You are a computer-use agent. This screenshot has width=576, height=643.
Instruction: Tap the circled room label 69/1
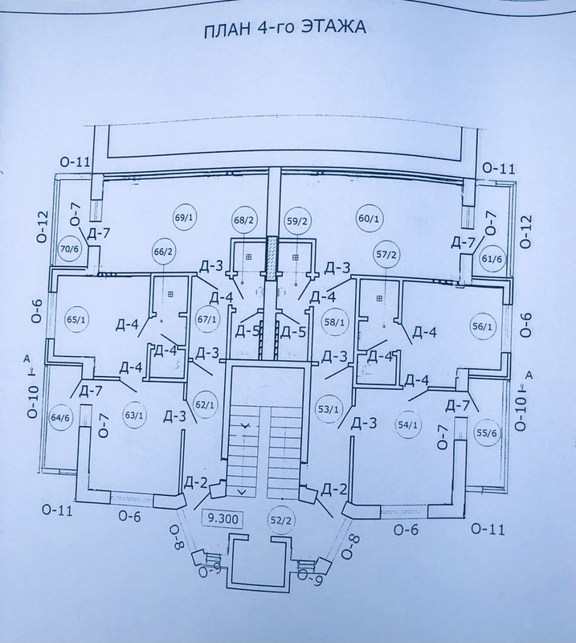(180, 218)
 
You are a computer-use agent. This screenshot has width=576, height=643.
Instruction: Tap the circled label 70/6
(71, 248)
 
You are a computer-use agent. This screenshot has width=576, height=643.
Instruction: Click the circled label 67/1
(206, 319)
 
